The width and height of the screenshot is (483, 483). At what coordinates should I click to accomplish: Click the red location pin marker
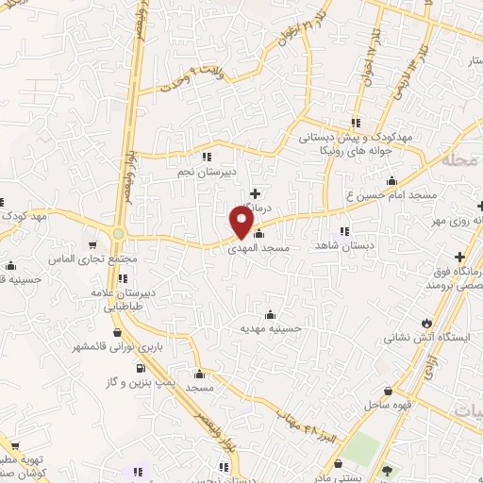click(x=241, y=223)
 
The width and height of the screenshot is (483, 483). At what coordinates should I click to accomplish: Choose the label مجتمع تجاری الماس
click(x=91, y=259)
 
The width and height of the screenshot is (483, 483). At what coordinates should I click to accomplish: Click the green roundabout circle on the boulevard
click(x=119, y=234)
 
